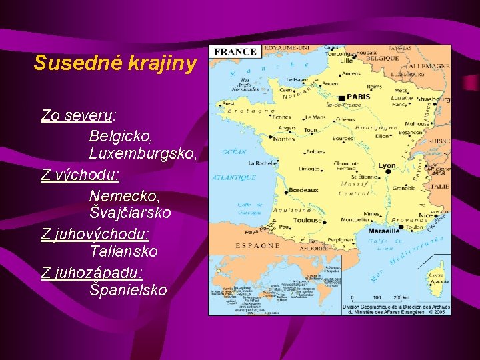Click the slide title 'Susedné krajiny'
pos(115,63)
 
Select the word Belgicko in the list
pos(119,135)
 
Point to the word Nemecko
pos(124,195)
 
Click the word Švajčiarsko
pos(130,213)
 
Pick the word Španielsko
pos(128,290)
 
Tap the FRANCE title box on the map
pos(235,52)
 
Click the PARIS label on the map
pos(357,97)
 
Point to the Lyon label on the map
pos(387,165)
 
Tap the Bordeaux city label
pos(303,191)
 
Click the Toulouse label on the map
pos(307,220)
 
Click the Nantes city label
pos(283,139)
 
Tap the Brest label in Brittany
pos(228,103)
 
